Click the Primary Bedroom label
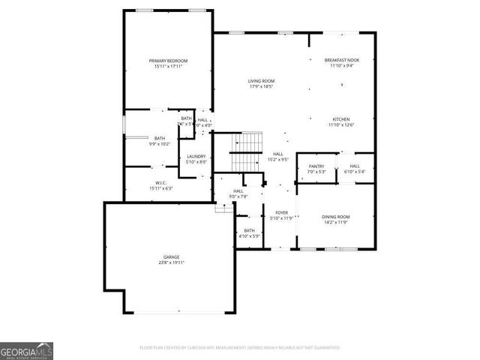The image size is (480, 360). click(167, 61)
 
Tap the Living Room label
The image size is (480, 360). click(262, 81)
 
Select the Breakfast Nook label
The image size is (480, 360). click(341, 60)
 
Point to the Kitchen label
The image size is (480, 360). click(341, 119)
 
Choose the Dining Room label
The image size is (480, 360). click(336, 217)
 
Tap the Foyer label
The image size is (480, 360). click(281, 212)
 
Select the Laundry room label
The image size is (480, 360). click(196, 156)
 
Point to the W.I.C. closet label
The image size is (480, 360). click(160, 183)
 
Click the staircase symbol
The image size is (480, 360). click(247, 151)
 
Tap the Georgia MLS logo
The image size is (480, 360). click(26, 350)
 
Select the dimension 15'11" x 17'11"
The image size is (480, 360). click(167, 67)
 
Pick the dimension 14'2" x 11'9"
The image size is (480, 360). click(336, 223)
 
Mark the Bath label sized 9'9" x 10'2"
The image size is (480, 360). click(160, 138)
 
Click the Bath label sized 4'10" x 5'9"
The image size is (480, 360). click(249, 230)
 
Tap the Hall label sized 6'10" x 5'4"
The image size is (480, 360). click(355, 166)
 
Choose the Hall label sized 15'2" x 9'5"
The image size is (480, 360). click(277, 154)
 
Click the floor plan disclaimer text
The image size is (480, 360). click(240, 347)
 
